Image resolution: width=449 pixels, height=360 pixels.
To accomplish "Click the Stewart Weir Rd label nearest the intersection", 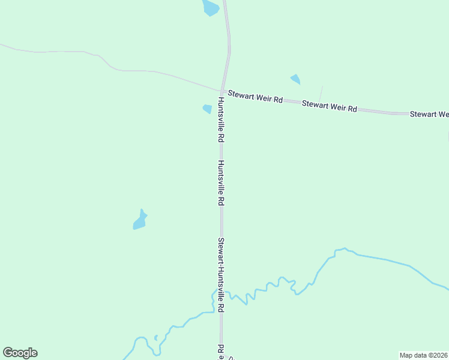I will point(255,97).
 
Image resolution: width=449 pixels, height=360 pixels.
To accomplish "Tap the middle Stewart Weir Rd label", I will point(330,106).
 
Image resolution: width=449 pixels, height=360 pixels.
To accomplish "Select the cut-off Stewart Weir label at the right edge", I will point(429,113).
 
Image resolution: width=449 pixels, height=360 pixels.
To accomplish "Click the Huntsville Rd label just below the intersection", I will point(221,119).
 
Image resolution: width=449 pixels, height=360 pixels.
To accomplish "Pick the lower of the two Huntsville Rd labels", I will point(221,183).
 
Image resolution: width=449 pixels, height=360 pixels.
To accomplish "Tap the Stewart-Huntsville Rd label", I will point(221,275).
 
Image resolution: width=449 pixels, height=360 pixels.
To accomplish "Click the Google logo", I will point(20,353).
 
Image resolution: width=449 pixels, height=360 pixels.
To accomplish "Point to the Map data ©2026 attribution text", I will point(423,355).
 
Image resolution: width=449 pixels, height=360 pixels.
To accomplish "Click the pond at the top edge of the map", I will point(210,8).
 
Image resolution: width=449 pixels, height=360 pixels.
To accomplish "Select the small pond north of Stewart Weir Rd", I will point(295,79).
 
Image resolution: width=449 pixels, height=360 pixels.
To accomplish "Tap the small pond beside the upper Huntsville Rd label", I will point(207,109).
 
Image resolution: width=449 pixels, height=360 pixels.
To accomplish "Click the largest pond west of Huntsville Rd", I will point(140,221).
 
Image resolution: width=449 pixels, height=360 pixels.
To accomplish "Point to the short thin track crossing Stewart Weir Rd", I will point(320,94).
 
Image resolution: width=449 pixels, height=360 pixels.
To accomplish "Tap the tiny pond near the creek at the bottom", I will point(156,338).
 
